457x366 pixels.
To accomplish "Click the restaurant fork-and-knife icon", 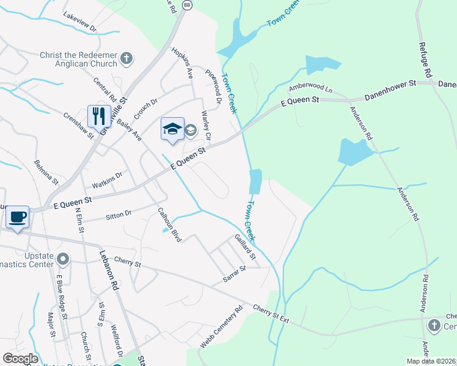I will point(99,116).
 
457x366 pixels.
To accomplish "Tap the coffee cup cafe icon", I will point(18,217).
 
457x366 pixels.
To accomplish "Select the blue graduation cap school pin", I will point(172,129).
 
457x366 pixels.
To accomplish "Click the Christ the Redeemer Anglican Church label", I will point(78,59).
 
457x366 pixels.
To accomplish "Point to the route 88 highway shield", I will point(186,4).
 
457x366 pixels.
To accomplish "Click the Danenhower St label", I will point(390,90).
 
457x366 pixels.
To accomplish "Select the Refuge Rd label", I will point(426,58).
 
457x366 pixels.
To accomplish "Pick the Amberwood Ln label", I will point(310,87).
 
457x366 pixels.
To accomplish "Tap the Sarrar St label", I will point(234,273).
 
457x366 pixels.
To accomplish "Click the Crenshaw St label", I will point(78,126).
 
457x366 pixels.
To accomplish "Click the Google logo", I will point(20,359).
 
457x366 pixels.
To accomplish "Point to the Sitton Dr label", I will point(119,214).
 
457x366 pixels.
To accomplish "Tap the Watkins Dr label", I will point(107,179).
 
